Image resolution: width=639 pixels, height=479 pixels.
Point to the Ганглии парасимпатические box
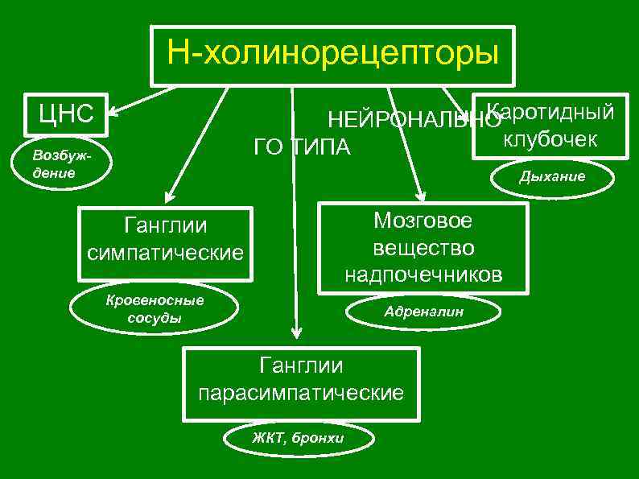coord(301,382)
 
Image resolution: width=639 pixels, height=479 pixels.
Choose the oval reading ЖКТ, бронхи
coord(299,438)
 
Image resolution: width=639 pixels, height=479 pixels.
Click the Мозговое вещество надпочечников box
coord(423,246)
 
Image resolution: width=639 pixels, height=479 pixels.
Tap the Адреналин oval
coord(423,311)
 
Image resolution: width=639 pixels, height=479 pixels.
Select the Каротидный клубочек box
coord(550,125)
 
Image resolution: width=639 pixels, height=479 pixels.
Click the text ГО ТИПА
coord(303,148)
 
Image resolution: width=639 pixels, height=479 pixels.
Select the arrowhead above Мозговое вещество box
coord(419,194)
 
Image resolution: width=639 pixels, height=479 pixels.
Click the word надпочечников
coord(423,275)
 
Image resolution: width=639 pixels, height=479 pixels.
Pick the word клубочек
coord(550,138)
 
